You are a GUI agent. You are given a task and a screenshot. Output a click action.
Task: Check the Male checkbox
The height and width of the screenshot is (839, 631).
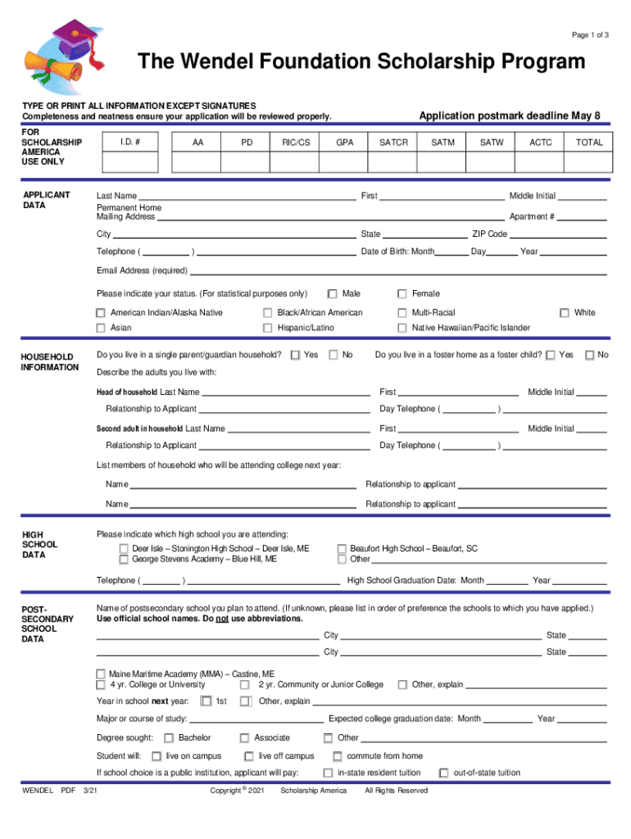point(332,294)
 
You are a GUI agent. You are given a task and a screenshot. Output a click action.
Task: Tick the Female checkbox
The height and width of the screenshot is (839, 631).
point(402,294)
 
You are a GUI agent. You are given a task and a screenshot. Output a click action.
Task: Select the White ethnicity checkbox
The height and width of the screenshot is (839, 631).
point(564,313)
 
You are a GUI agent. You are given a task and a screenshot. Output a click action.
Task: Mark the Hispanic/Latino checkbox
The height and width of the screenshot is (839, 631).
point(267,329)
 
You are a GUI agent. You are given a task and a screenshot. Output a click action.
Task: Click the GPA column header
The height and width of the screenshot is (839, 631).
point(345,143)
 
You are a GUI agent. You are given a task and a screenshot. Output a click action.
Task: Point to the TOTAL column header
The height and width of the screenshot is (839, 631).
point(588,143)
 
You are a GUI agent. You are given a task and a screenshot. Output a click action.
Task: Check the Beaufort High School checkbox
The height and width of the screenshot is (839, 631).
point(342,549)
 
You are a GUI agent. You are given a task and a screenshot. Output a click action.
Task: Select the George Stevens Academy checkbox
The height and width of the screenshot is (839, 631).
point(124,560)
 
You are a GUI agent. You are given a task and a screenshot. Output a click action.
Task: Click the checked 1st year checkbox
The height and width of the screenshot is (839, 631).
point(207,701)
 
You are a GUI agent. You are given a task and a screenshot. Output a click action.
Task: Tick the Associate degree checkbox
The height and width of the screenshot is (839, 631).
point(244,738)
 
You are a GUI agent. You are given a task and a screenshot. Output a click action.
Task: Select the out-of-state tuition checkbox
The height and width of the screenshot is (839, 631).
point(443,773)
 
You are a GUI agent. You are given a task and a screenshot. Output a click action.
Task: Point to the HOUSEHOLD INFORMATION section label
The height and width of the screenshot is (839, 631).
point(48,362)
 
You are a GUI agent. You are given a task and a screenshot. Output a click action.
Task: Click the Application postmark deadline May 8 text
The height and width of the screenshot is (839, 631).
point(509,116)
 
